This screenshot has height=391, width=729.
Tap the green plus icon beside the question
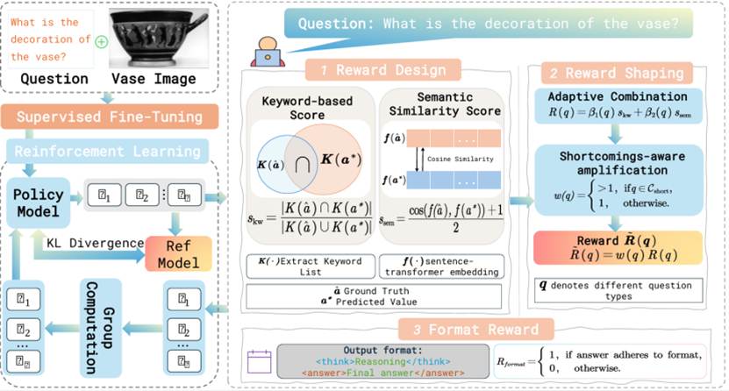point(102,41)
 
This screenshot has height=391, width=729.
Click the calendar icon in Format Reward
point(257,361)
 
